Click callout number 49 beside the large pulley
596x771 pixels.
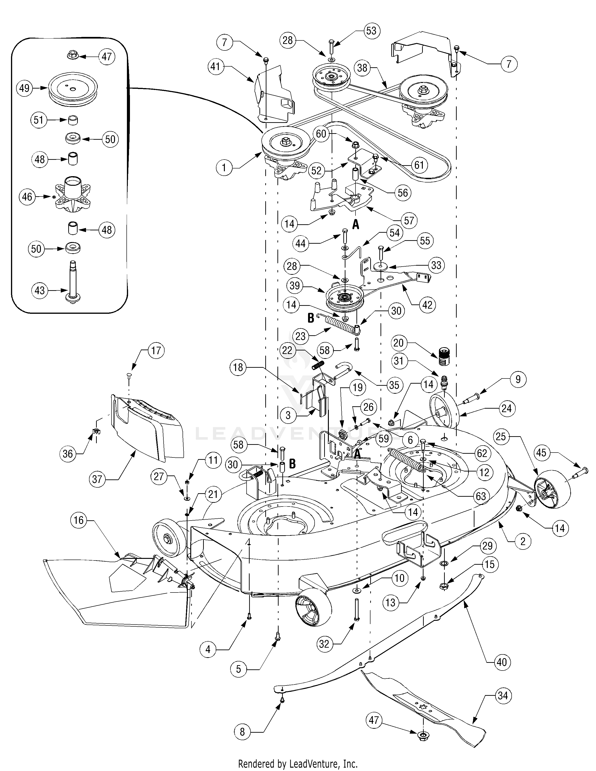click(24, 88)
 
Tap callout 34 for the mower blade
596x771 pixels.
click(503, 696)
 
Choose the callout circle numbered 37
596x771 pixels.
click(97, 479)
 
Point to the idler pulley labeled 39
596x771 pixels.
click(341, 296)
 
